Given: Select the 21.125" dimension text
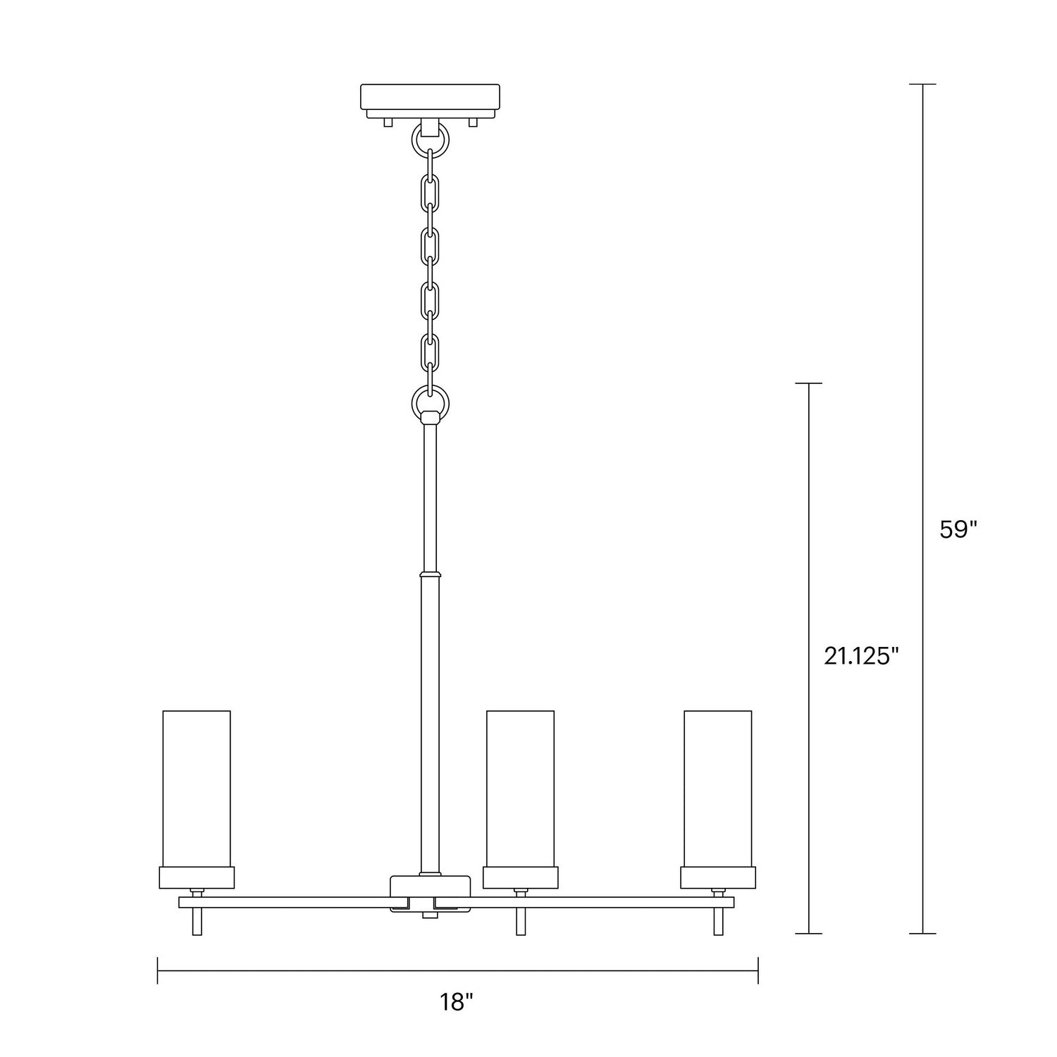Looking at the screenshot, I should (x=862, y=656).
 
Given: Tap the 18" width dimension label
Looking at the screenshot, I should (x=457, y=1001).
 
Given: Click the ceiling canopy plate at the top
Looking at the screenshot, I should (x=430, y=98).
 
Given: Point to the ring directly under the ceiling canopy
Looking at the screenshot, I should (x=430, y=142).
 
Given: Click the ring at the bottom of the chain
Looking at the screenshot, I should (x=431, y=402).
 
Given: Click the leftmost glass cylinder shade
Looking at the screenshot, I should (x=197, y=788).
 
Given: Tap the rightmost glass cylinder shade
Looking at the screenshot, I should (x=717, y=788).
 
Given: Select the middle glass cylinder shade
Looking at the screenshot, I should (x=520, y=788).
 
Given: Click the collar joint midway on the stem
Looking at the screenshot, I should (x=431, y=574).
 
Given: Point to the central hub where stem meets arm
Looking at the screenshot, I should (x=430, y=894).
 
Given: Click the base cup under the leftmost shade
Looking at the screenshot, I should (x=197, y=877).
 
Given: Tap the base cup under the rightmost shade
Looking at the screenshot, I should (x=717, y=877).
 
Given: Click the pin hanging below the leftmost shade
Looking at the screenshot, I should (x=197, y=921).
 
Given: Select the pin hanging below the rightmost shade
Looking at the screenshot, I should (x=718, y=921).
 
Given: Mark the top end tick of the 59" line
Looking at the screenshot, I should (x=923, y=84).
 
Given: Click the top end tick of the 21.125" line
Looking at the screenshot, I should (x=808, y=383).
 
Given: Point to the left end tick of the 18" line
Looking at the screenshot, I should (x=158, y=970).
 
